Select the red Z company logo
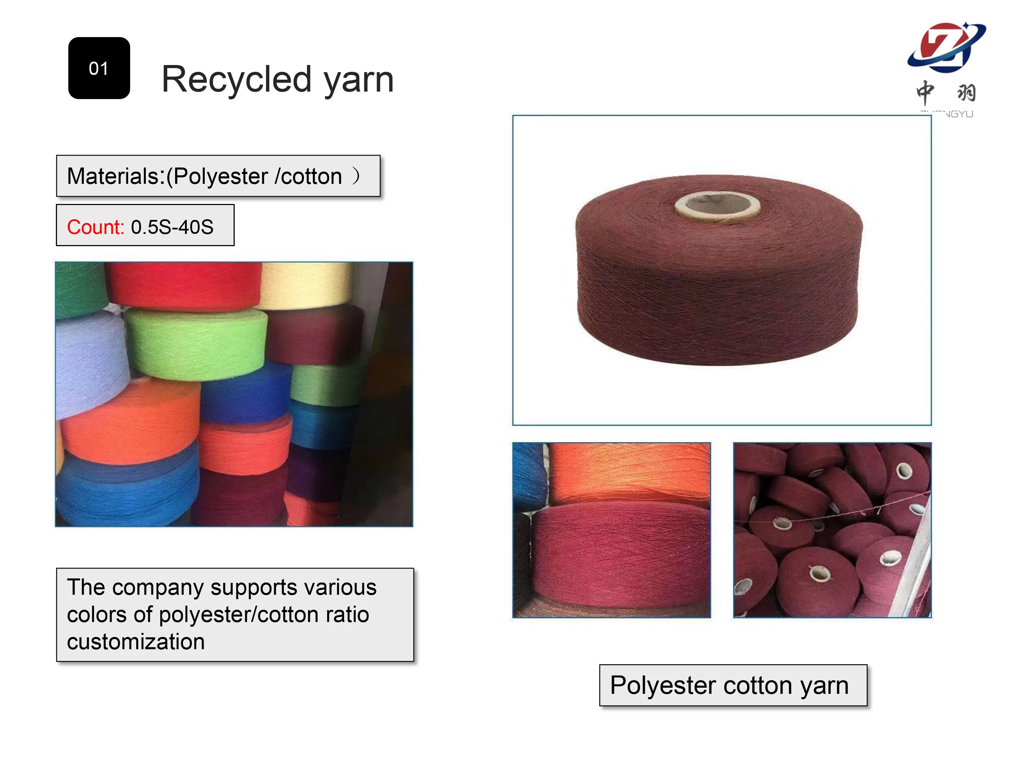click(945, 47)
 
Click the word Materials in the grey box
click(115, 176)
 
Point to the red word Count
click(95, 227)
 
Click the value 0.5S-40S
click(172, 227)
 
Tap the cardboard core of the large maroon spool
click(717, 205)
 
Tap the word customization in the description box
click(136, 642)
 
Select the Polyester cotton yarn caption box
click(733, 685)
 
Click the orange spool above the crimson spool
click(628, 473)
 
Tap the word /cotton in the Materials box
click(308, 176)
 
